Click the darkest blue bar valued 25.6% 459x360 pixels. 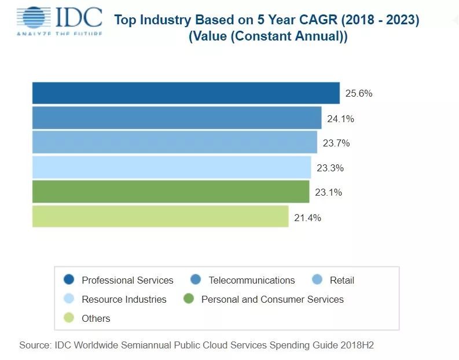[x=185, y=93]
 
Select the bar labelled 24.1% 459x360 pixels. [x=177, y=118]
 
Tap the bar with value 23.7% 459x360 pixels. [x=174, y=142]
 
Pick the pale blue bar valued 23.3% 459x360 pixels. [x=171, y=167]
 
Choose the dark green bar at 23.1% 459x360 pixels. [x=171, y=192]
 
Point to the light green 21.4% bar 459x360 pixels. [x=160, y=216]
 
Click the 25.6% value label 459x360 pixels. [x=359, y=94]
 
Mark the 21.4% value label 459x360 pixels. [x=308, y=218]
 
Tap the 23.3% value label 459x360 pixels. [x=331, y=168]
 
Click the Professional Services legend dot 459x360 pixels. [x=69, y=280]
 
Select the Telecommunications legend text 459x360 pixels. [x=251, y=280]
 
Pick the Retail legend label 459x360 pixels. [x=342, y=280]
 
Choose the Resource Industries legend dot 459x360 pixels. [x=69, y=299]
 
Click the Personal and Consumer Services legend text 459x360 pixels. [x=272, y=299]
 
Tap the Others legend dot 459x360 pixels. [x=69, y=318]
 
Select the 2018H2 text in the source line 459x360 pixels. [x=359, y=345]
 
